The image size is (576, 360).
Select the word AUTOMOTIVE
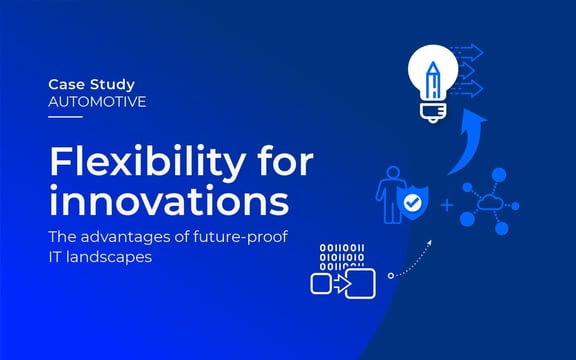click(x=97, y=101)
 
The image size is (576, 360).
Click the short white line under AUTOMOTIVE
click(x=65, y=117)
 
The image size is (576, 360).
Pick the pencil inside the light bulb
click(x=432, y=75)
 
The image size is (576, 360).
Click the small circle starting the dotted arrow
click(x=391, y=274)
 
